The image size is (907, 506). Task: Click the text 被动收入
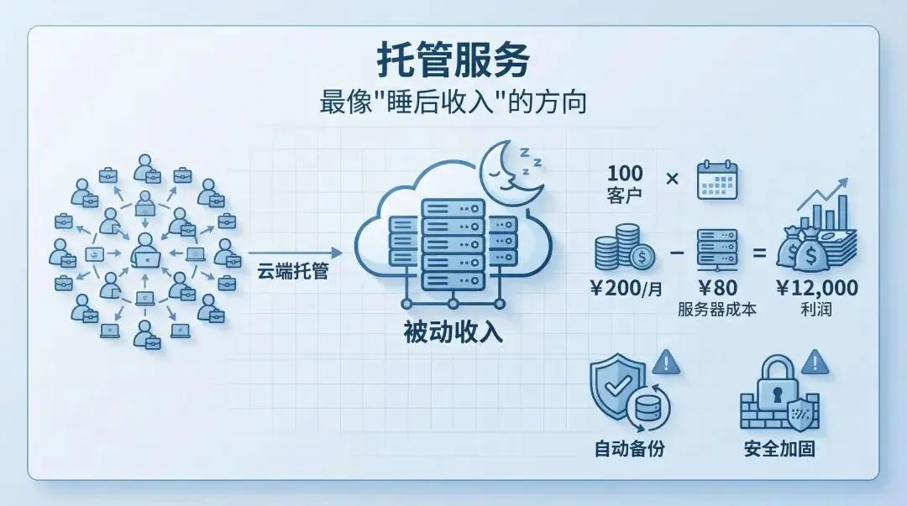pos(453,332)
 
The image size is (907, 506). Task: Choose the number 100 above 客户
pos(625,174)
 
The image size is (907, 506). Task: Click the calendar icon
pos(716,180)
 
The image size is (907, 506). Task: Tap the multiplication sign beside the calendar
pos(672,179)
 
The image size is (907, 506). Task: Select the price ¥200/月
pos(625,289)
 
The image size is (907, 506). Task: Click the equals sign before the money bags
pos(761,252)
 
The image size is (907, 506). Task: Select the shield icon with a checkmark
pos(619,382)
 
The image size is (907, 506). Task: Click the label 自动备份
pos(629,449)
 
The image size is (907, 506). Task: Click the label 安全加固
pos(779,449)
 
